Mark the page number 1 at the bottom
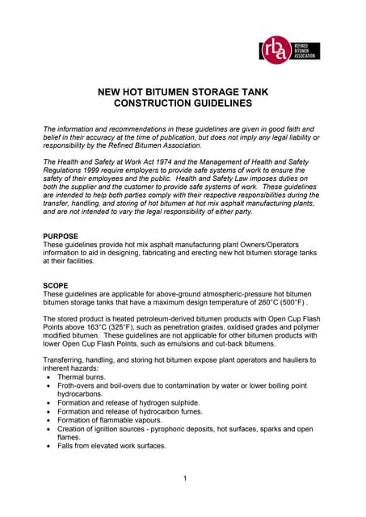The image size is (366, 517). click(185, 479)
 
